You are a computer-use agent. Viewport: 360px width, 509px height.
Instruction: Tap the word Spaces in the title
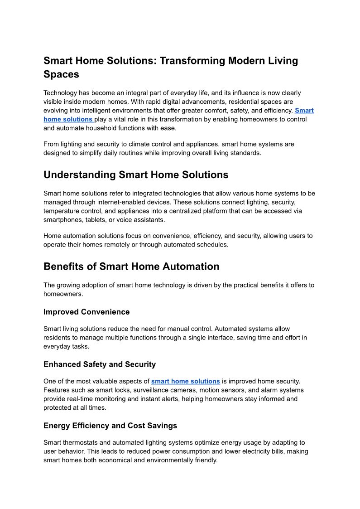61,74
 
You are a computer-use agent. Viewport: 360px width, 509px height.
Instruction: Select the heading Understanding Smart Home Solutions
136,175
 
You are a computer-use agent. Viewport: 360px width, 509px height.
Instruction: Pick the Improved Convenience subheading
86,312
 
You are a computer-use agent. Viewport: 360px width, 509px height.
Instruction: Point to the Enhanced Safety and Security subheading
100,364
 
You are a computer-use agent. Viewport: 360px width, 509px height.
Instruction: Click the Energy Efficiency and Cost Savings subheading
110,426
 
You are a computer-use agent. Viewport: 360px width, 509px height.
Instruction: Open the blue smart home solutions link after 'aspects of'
186,381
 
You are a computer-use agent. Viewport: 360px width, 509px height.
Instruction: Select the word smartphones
63,220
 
